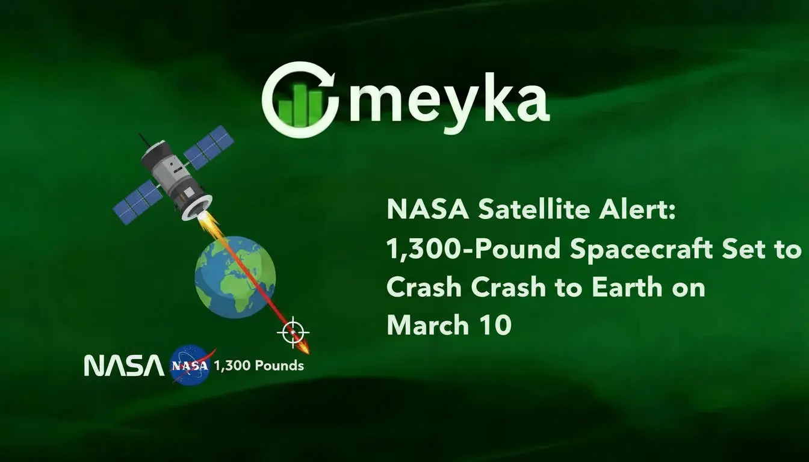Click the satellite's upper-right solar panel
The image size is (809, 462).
[x=208, y=146]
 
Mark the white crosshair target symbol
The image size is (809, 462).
[x=293, y=332]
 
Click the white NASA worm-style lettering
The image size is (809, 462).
[x=123, y=365]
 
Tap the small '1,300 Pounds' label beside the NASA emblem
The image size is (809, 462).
[x=259, y=365]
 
